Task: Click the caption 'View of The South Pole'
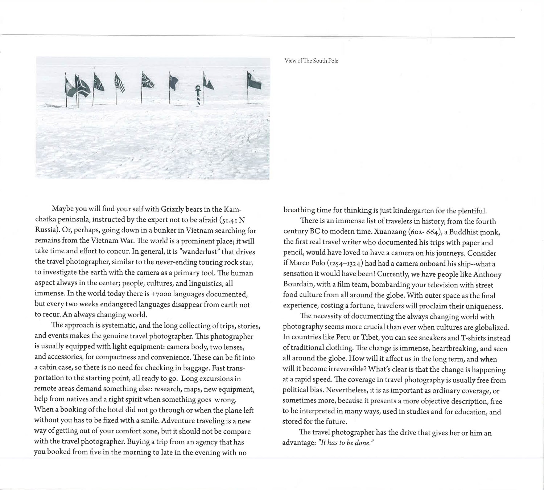pyautogui.click(x=311, y=61)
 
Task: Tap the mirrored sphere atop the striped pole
pyautogui.click(x=198, y=87)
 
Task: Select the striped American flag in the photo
pyautogui.click(x=120, y=83)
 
